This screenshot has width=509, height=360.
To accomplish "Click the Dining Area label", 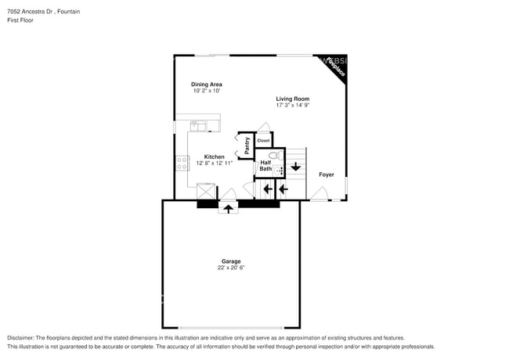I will tap(207, 84).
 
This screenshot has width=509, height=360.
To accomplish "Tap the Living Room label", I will tap(292, 99).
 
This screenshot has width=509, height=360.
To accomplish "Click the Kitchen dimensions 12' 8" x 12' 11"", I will tap(215, 163).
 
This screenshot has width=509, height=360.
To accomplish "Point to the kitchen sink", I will tap(198, 124).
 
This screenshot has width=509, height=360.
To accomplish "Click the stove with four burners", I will tap(182, 164).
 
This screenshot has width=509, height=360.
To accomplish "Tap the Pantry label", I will tap(247, 145).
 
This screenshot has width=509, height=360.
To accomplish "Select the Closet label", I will tap(263, 141).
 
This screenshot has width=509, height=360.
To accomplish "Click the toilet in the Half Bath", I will tap(273, 157).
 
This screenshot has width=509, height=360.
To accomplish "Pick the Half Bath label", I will tap(265, 166).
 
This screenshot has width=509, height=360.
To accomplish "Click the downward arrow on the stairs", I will tap(295, 166).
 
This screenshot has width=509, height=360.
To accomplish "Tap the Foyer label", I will tap(326, 175).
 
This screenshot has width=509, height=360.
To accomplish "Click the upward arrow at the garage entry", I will tap(229, 208).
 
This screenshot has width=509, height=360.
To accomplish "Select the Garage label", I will tap(230, 261).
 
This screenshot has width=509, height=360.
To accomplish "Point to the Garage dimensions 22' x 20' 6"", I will tap(230, 268).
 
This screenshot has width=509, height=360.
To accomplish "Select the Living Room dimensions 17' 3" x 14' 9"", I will tap(292, 105).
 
